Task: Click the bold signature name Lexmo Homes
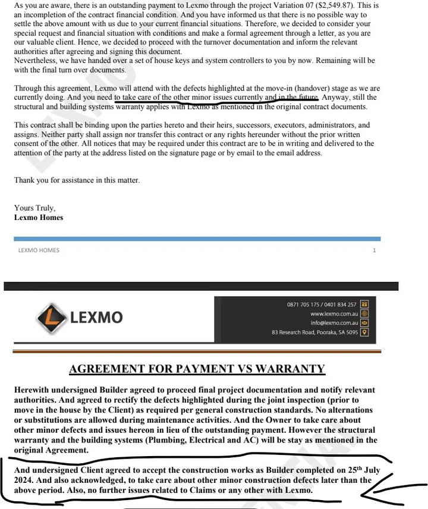pos(39,218)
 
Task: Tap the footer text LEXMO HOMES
pos(39,250)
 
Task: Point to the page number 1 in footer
pos(374,250)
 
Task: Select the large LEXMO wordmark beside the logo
pos(96,317)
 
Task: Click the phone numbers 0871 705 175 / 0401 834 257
pos(322,304)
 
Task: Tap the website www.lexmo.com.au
pos(333,313)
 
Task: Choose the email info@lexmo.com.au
pos(333,323)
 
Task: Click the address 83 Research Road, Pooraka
pos(315,332)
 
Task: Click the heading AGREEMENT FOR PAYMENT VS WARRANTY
pos(197,369)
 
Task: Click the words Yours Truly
pos(34,208)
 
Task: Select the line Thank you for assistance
pos(77,180)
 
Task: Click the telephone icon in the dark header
pos(364,304)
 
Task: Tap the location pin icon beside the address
pos(364,332)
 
